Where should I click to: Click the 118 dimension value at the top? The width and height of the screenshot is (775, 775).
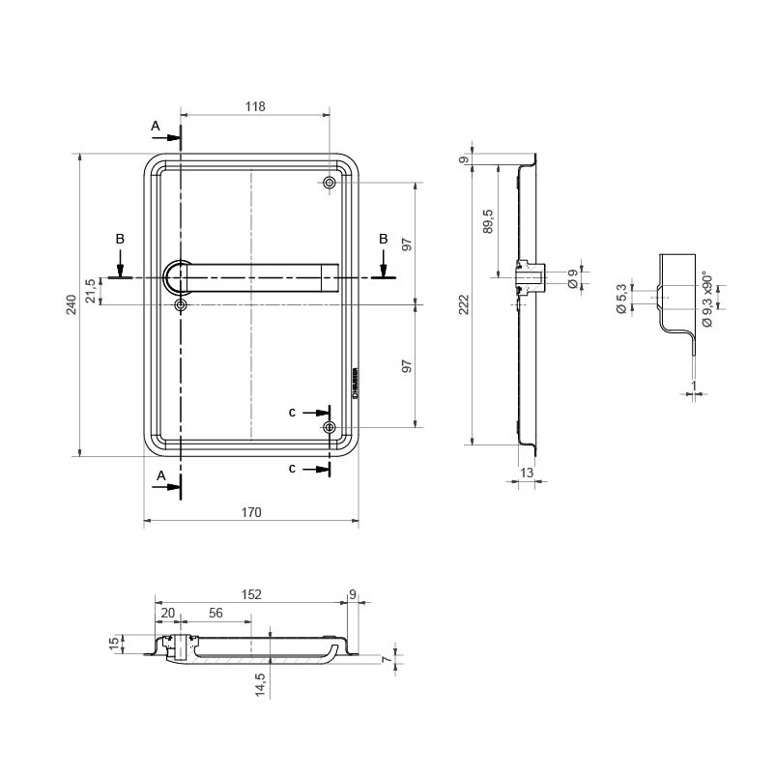(254, 106)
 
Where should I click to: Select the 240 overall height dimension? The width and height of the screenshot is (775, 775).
(71, 305)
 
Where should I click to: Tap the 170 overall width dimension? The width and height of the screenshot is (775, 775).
(250, 513)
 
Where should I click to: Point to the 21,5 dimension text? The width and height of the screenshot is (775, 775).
(90, 291)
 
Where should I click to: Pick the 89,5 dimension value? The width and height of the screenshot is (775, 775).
(488, 220)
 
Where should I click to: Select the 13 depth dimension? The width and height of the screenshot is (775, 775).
(526, 472)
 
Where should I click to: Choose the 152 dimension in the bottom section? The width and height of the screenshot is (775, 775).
(250, 595)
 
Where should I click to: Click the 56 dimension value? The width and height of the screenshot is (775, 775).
(215, 613)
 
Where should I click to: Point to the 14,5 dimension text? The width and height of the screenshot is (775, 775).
(260, 685)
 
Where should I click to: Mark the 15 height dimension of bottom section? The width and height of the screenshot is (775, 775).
(114, 643)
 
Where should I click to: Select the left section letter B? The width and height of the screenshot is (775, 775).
(120, 238)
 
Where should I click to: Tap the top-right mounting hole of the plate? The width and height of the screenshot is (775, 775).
(330, 183)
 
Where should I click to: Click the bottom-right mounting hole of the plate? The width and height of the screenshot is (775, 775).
(330, 427)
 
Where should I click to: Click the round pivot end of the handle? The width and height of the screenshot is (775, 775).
(180, 277)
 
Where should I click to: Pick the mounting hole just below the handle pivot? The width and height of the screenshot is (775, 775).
(181, 305)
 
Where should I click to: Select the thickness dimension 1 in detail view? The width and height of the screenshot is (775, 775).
(694, 386)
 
